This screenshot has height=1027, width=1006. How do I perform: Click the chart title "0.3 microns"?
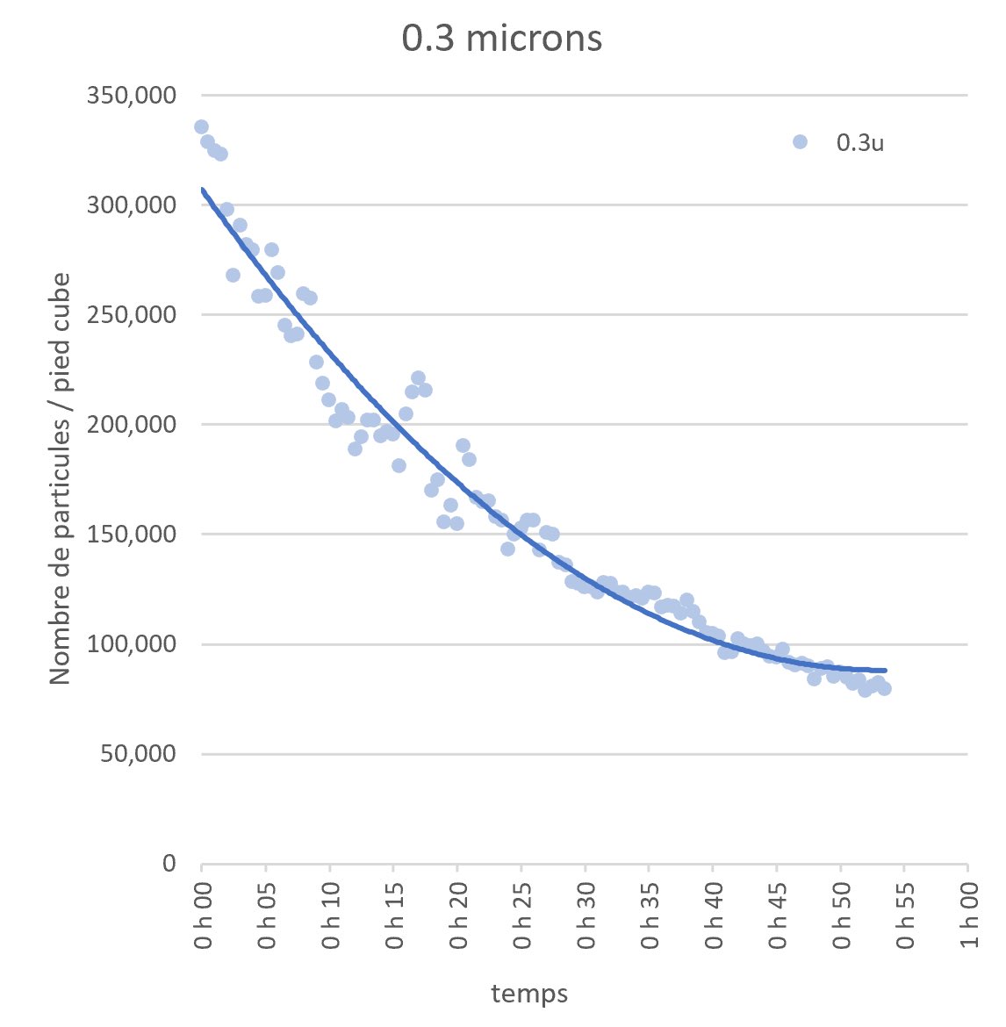coord(502,38)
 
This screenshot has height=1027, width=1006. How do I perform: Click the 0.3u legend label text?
coord(860,143)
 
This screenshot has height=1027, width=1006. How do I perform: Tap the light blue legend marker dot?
coord(800,141)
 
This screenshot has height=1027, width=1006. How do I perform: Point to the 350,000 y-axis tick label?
coord(132,96)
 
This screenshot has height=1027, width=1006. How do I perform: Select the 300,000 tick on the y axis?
coord(132,205)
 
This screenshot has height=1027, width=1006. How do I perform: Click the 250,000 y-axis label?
coord(132,315)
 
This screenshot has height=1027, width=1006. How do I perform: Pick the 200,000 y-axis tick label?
coord(132,425)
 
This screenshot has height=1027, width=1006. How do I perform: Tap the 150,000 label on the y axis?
coord(132,535)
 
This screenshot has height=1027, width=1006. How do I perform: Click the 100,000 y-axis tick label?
coord(132,643)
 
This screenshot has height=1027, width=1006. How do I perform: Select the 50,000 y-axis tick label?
coord(138,754)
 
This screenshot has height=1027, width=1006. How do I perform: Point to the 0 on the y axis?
coord(169,863)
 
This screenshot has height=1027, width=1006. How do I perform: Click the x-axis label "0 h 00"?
coord(203,915)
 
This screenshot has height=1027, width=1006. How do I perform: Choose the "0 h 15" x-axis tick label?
coord(394,915)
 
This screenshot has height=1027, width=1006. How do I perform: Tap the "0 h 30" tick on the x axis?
coord(586,915)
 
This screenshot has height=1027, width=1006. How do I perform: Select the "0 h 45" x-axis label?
coord(778,915)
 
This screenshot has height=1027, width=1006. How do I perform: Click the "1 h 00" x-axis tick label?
coord(969,915)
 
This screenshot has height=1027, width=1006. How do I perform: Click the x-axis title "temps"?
coord(529,994)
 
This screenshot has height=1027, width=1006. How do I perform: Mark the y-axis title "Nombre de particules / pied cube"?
coord(61,478)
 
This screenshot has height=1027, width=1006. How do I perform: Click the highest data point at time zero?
coord(201,127)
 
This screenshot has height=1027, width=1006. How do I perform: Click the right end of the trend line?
coord(886,671)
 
